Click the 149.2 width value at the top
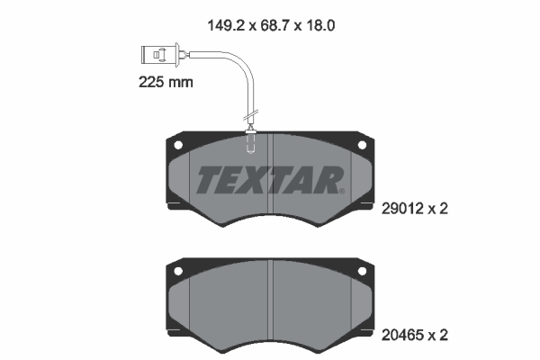[x=227, y=25]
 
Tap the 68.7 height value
[x=275, y=25]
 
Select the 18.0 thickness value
[x=319, y=25]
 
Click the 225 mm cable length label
[x=166, y=82]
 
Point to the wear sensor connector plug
[x=154, y=55]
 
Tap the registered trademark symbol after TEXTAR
[x=342, y=191]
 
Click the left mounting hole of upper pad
[x=178, y=145]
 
